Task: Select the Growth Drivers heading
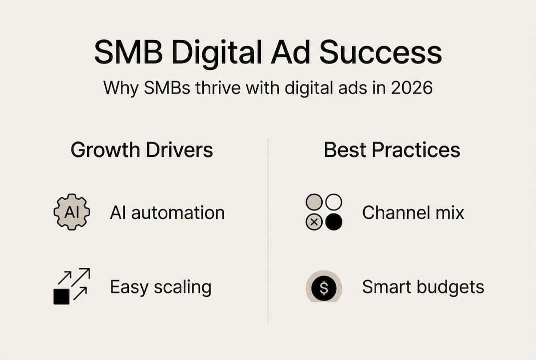coord(142,150)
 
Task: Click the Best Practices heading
coord(392,150)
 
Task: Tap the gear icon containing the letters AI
coord(71,212)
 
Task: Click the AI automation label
coord(167,213)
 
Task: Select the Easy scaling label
coord(161,287)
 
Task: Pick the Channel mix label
coord(413,213)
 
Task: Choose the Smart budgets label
coord(423,287)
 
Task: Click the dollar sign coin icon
coord(323,287)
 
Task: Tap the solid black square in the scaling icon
coord(61,296)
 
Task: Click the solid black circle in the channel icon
coord(334,222)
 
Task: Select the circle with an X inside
coord(314,222)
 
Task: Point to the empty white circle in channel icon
coord(334,202)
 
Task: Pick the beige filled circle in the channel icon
coord(314,202)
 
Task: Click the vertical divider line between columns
coord(268,230)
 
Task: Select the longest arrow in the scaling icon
coord(80,277)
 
